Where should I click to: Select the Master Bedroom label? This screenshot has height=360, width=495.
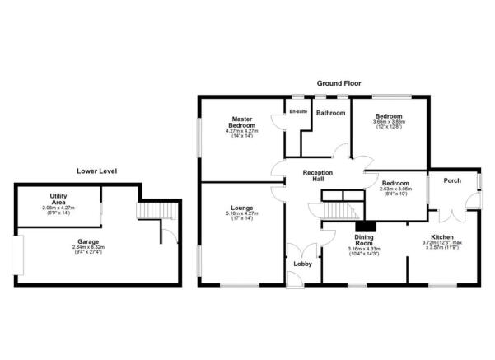pos(241,122)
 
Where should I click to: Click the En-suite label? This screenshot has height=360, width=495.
pos(297,112)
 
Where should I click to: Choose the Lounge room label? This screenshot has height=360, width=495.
pos(241,208)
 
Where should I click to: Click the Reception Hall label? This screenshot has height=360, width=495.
pos(317,175)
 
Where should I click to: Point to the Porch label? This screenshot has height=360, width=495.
pos(451,180)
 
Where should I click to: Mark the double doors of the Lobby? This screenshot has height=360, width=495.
pos(298,250)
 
